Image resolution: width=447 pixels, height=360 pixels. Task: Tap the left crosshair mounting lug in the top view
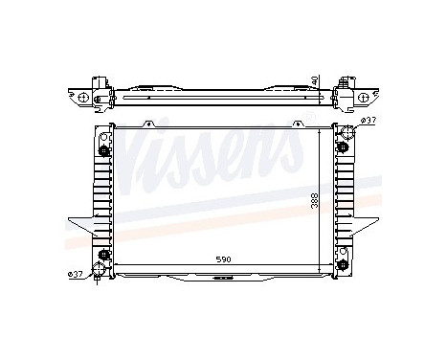coord(85,98)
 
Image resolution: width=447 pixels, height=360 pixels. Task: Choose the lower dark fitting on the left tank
coord(102,254)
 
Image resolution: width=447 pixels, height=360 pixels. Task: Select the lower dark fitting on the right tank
coord(342,254)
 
